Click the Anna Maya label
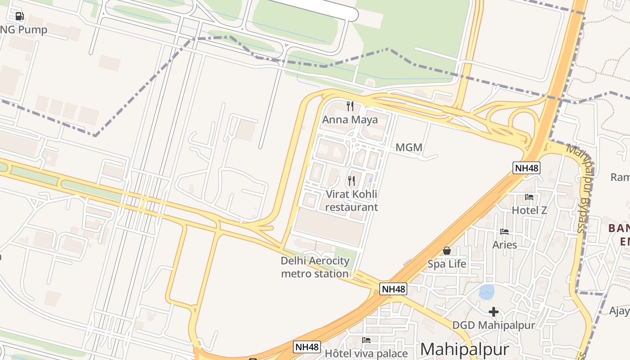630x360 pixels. (x=350, y=120)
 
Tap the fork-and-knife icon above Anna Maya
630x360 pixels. (x=350, y=106)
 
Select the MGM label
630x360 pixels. (x=409, y=147)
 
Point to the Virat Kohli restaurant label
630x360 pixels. (x=351, y=201)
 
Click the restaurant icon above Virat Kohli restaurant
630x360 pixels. (x=351, y=181)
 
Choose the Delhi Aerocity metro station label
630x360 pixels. (x=315, y=267)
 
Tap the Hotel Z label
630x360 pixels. (x=529, y=210)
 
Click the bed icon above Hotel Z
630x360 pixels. (x=529, y=197)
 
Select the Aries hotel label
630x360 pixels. (x=504, y=245)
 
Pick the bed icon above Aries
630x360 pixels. (x=504, y=232)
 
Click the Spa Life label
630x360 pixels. (x=447, y=264)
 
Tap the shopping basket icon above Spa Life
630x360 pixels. (x=447, y=251)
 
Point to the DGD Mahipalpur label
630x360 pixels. (x=493, y=325)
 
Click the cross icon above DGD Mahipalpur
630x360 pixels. (x=494, y=311)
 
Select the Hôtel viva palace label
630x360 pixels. (x=366, y=353)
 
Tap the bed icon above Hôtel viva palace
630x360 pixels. (x=366, y=340)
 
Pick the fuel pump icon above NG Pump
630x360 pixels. (x=19, y=17)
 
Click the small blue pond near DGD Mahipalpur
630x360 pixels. (x=486, y=292)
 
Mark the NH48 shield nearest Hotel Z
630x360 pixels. (x=526, y=168)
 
